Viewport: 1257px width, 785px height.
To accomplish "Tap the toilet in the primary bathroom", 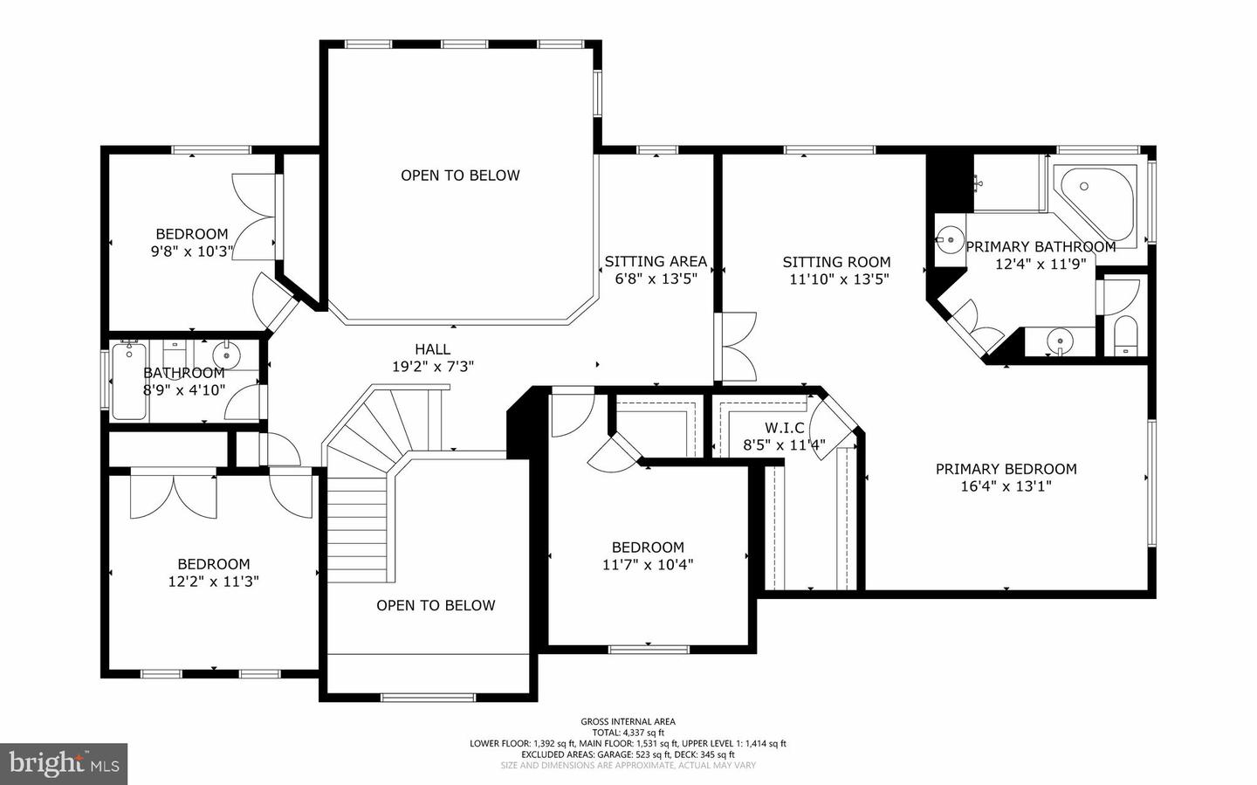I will [x=1126, y=336].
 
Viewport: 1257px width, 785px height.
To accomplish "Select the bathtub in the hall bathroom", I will [x=127, y=382].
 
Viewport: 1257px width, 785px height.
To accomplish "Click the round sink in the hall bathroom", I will [x=227, y=355].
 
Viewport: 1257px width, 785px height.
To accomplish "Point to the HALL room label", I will [x=432, y=349].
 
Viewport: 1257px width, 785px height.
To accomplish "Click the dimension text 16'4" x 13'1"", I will [x=1006, y=486].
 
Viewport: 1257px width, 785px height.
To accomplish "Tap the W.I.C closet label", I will [x=784, y=428].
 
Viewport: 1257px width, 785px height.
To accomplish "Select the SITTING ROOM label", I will [x=836, y=262].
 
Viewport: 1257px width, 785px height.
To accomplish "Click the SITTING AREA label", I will [x=656, y=261].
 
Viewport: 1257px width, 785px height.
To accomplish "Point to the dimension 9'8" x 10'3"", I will [x=191, y=251].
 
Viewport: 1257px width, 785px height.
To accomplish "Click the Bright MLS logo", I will [x=63, y=764].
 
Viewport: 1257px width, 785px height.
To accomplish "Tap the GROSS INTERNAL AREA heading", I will [x=628, y=721].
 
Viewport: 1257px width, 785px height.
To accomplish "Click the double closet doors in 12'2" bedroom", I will [x=173, y=497].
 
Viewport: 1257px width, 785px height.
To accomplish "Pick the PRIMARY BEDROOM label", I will [x=1006, y=469].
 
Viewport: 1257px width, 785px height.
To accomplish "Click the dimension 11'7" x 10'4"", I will [x=648, y=565].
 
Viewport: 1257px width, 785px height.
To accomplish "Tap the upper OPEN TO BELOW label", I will [x=460, y=176].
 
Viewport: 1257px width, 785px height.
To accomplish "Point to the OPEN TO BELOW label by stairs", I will [x=436, y=605].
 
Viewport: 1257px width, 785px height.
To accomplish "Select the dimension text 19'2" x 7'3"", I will [x=432, y=367].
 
